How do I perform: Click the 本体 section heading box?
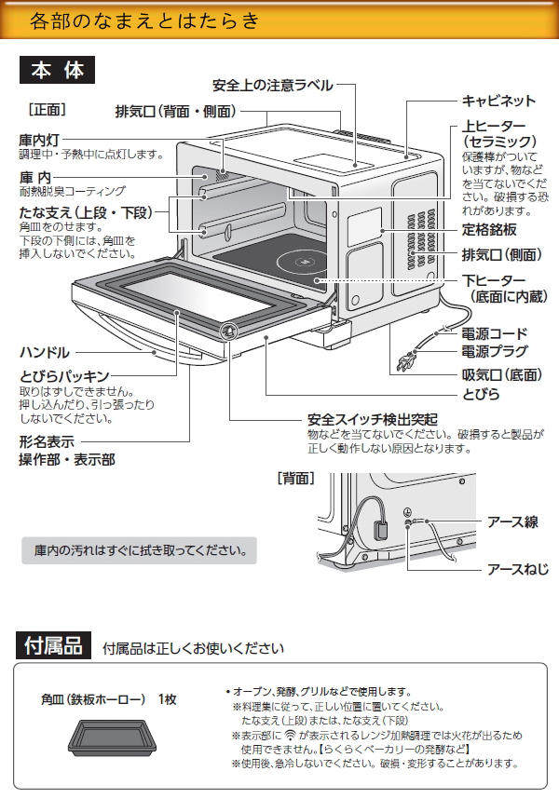[x=57, y=71]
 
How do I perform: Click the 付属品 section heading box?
[x=54, y=645]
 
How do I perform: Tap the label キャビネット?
[x=498, y=101]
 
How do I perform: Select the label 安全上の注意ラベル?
[x=272, y=86]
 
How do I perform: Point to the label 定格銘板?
[x=490, y=229]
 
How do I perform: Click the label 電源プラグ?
[x=495, y=351]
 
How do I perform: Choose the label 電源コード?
[x=495, y=332]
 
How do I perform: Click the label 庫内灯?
[x=39, y=139]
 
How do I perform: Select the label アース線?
[x=512, y=521]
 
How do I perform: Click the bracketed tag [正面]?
[x=48, y=108]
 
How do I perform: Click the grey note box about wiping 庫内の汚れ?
[x=139, y=549]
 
